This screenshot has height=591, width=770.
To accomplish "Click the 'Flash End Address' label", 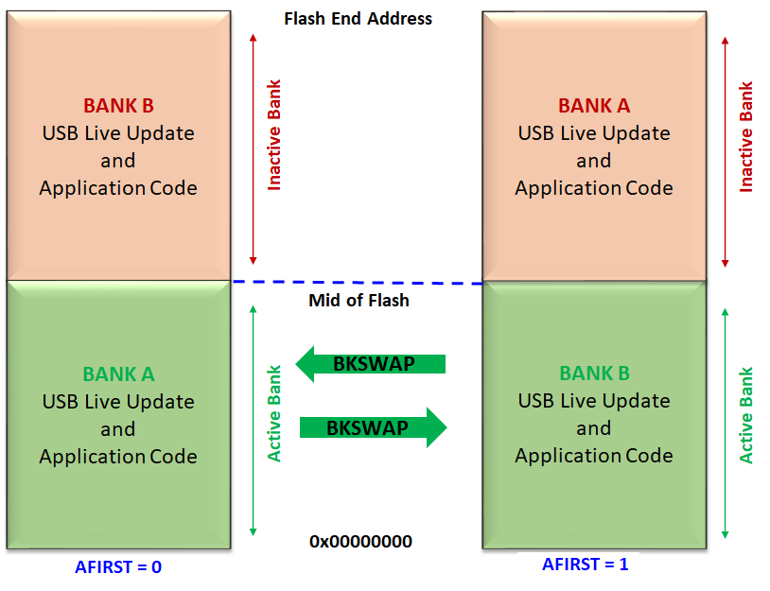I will tap(359, 19).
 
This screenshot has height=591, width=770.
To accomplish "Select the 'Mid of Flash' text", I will tap(359, 301).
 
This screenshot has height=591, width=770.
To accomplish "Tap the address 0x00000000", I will tap(360, 542).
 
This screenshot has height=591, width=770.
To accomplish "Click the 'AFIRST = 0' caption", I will tap(118, 567).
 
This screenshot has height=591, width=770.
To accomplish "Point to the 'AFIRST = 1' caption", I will tap(585, 565).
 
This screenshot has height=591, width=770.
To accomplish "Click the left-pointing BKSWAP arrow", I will tap(370, 363).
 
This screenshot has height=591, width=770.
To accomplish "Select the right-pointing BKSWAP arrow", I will tap(372, 427).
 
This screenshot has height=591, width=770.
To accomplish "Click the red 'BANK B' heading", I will tap(118, 106).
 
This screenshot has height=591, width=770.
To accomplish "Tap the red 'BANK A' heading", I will tap(593, 106).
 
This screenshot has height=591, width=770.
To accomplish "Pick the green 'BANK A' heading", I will tap(118, 374).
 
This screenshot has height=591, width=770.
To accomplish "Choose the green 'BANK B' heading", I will tap(593, 374).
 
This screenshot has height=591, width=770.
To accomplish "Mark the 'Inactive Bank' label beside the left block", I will tap(275, 135).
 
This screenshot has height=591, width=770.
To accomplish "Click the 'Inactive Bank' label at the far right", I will tap(746, 137).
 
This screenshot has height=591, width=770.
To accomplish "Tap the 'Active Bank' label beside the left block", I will tap(275, 413).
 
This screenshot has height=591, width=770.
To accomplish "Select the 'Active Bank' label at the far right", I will tap(746, 415).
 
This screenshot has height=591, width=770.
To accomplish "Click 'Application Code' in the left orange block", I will tap(118, 187).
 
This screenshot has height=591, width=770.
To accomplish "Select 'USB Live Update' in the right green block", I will tap(593, 401).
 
